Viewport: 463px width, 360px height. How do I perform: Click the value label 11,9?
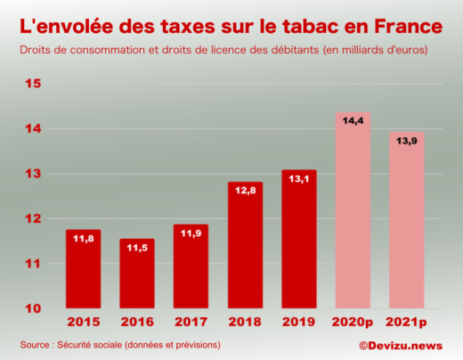[191, 233]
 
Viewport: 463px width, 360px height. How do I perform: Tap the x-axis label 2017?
[191, 323]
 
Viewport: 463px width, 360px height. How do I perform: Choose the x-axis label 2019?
[298, 323]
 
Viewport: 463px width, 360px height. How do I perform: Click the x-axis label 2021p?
[407, 323]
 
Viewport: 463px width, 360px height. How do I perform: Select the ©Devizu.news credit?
[402, 345]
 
